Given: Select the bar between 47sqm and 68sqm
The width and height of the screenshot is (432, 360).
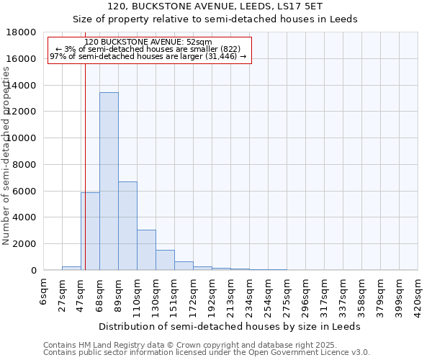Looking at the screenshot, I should (x=90, y=231).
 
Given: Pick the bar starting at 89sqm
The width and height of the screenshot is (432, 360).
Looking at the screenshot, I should (x=127, y=225).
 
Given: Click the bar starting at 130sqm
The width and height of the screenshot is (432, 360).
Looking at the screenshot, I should (x=165, y=260).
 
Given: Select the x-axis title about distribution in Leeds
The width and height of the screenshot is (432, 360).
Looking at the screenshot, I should (x=230, y=326).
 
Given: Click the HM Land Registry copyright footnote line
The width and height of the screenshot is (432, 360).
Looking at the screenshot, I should (x=189, y=345).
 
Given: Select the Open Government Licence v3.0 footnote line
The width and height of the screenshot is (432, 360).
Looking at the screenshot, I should (x=206, y=352).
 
